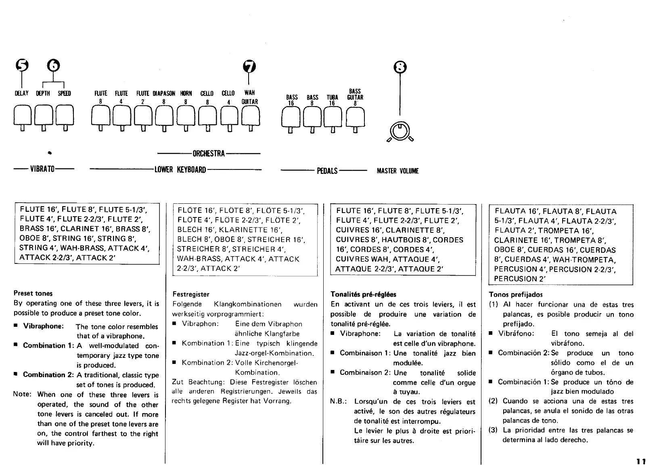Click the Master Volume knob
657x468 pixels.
coord(400,132)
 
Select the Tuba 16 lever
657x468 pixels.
coord(333,117)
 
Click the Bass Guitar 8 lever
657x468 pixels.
coord(355,117)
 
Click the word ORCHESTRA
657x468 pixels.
coord(208,154)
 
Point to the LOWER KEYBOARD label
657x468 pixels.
coord(180,170)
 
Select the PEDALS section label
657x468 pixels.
coord(327,171)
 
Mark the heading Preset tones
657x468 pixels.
coord(33,293)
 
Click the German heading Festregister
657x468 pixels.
coord(190,294)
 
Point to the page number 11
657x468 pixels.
coord(641,461)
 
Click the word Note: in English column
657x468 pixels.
coord(22,394)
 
